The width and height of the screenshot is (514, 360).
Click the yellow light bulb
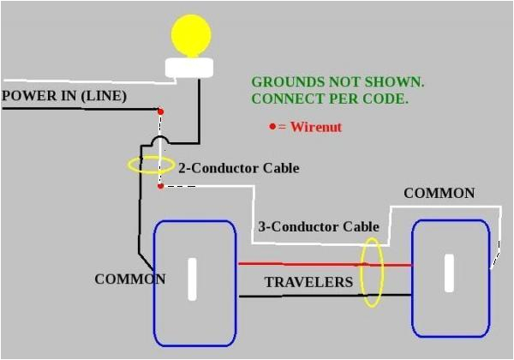click(191, 35)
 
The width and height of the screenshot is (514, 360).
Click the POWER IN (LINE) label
click(64, 96)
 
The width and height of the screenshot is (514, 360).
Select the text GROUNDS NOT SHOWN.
click(338, 82)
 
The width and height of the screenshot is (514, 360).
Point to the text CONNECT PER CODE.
click(329, 99)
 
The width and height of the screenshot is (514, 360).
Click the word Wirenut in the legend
click(318, 126)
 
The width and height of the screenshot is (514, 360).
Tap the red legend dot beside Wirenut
click(273, 126)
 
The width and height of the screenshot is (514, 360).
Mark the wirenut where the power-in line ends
click(160, 111)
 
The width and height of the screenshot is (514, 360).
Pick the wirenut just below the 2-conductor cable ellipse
click(160, 184)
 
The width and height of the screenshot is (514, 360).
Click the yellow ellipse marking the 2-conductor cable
click(151, 164)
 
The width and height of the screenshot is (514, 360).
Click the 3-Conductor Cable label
click(318, 227)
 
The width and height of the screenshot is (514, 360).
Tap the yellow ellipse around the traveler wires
click(372, 272)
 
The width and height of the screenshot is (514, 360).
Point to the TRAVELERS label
click(308, 282)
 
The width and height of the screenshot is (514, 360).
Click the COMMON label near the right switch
click(439, 193)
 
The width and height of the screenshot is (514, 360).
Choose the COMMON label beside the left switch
click(129, 279)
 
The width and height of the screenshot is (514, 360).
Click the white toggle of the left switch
click(193, 279)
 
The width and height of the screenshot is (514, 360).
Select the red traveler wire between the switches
click(300, 264)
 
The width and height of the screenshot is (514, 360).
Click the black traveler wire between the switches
click(300, 296)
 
